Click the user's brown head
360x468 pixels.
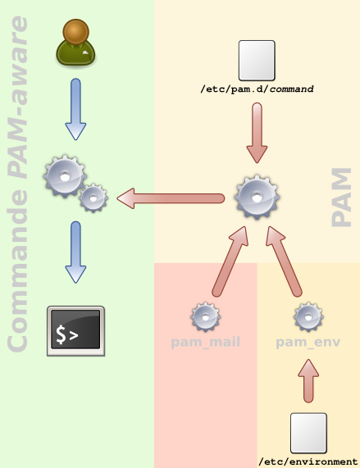(75, 32)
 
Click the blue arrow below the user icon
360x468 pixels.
(75, 109)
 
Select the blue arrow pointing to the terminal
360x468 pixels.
(75, 252)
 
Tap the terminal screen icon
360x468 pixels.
(75, 330)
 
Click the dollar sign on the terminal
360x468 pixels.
(61, 334)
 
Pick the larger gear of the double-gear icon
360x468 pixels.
(65, 176)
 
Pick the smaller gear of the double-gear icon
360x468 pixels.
(93, 198)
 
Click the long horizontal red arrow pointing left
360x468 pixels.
(171, 198)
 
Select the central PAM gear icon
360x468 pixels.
(257, 197)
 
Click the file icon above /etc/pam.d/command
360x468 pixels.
(257, 61)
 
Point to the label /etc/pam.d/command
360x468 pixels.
(257, 89)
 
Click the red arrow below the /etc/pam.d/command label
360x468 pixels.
(257, 133)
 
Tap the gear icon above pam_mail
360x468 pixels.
(205, 317)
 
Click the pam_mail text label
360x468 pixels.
(205, 342)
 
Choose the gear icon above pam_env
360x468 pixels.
(308, 317)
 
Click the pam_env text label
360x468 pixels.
(308, 343)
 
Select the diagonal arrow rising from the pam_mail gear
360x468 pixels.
(230, 261)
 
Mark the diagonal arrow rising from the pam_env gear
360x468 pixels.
(284, 261)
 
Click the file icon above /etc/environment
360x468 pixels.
(308, 434)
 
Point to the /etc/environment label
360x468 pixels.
(308, 461)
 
